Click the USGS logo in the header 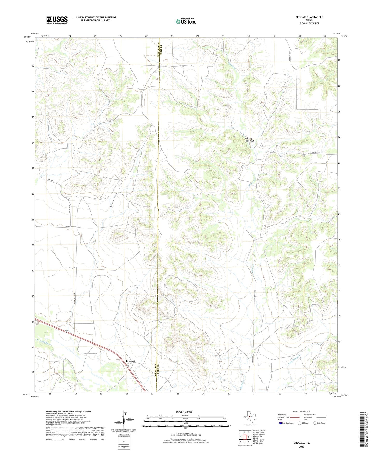pos(57,20)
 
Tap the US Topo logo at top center pos(186,21)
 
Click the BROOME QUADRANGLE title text pos(309,17)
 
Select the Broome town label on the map pos(130,361)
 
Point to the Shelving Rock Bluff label pos(250,140)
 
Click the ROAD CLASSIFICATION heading pos(302,411)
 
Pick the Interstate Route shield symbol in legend pos(281,423)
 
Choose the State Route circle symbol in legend pos(314,423)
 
